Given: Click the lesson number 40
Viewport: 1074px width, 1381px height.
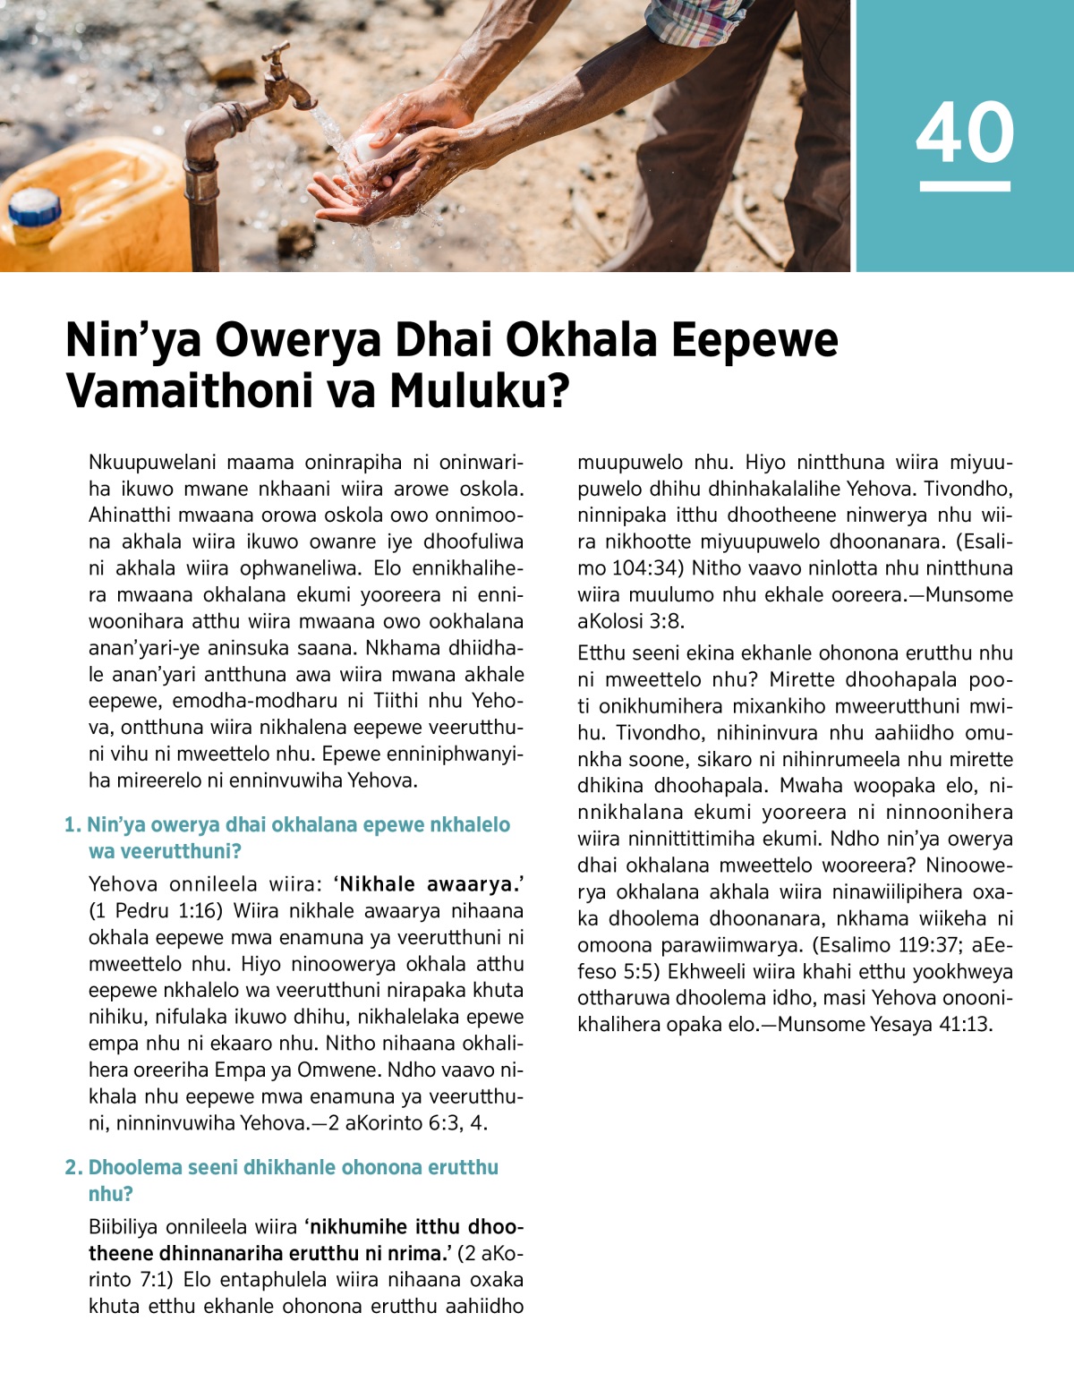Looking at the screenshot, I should click(965, 132).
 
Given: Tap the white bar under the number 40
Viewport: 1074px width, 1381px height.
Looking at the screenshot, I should click(965, 186).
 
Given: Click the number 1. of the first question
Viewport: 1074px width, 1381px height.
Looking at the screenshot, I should click(72, 825).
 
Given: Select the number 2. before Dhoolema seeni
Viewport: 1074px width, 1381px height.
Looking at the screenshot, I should click(73, 1167).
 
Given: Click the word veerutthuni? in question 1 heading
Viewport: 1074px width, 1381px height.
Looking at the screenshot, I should click(165, 851).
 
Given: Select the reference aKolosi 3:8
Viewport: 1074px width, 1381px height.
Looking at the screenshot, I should click(631, 620).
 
